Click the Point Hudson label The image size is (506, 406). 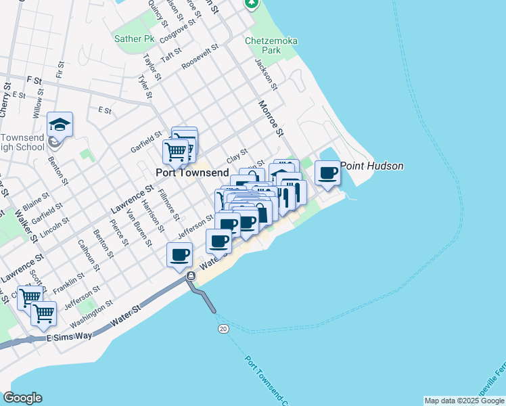coord(371,166)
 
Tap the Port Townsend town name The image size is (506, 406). coord(191,173)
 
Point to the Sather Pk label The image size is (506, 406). coord(134,39)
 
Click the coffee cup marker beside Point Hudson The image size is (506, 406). coord(327,174)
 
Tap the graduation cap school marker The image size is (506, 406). coord(60,125)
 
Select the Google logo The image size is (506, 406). coord(22,398)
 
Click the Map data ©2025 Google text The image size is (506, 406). coord(463,401)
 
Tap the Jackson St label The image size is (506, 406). coord(266,74)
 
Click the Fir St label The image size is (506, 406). coord(61,70)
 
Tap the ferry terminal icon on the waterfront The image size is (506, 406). coord(191,276)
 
